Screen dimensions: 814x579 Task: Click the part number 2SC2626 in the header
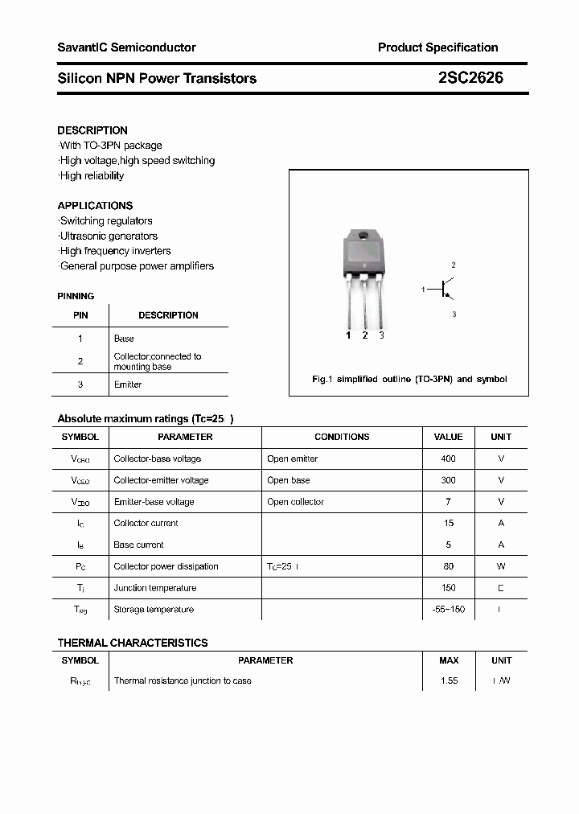tap(471, 78)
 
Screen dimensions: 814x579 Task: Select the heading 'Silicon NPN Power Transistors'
tap(157, 78)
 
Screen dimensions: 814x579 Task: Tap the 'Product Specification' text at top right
tap(437, 47)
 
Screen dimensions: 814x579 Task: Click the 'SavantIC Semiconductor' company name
tap(126, 47)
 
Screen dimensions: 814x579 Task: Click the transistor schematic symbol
tap(444, 289)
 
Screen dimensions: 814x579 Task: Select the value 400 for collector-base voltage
tap(448, 458)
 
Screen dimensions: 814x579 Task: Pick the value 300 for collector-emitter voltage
tap(448, 480)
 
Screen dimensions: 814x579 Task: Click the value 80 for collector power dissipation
tap(448, 566)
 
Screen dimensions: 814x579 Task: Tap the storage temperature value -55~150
tap(448, 610)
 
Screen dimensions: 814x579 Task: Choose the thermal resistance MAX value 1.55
tap(449, 680)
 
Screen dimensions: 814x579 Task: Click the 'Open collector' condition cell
tap(295, 502)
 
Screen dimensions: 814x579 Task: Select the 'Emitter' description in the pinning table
tap(128, 384)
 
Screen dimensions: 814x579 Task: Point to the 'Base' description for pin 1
tap(124, 339)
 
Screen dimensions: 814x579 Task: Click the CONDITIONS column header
tap(342, 437)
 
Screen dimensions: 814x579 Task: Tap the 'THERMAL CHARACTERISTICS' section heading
tap(133, 643)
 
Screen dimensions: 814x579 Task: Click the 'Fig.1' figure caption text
tap(409, 379)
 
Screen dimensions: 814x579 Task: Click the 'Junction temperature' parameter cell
tap(155, 588)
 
